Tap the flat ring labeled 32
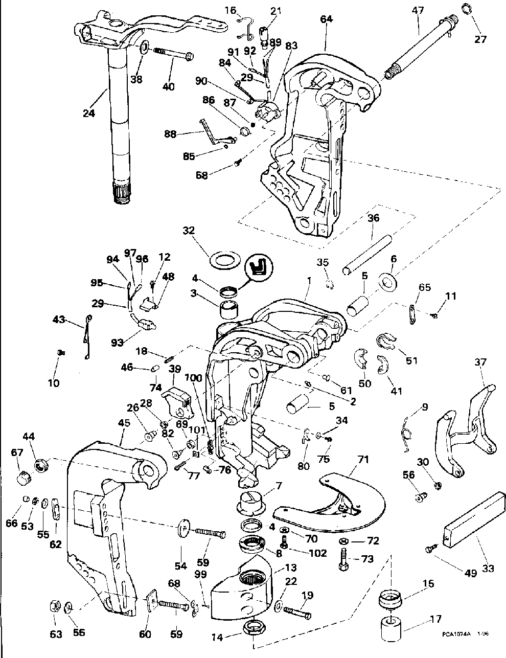225,259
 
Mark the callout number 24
89,114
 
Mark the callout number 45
124,424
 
